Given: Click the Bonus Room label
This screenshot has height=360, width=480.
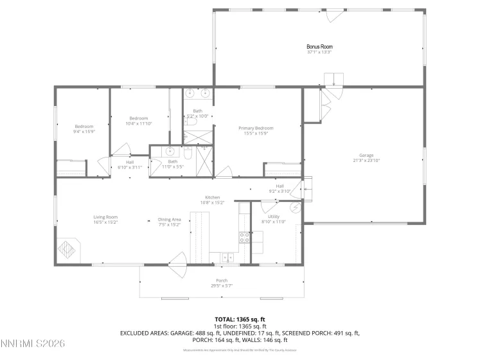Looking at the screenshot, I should coord(319,47).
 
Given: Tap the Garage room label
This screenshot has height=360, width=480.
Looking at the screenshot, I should coord(366,155).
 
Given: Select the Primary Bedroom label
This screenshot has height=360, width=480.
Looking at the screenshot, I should coord(256,129).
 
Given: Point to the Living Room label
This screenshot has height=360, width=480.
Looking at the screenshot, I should coord(105,217).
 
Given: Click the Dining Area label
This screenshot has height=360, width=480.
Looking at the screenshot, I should coord(170,220).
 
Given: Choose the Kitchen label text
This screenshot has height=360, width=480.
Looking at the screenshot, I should coord(213,197).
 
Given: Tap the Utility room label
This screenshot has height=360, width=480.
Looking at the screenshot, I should coord(274,217).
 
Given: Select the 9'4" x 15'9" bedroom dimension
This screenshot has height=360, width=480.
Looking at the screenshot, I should coord(84,131).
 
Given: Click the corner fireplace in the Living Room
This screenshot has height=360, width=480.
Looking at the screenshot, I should coord(67,248).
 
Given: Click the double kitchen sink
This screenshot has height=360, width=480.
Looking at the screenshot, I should coord(227,258).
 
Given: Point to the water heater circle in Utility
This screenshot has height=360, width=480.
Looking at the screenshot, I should coord(295,207).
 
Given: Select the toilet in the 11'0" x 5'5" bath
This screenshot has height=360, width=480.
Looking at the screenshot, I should coord(188,153).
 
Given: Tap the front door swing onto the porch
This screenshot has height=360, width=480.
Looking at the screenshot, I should coord(177,265).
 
